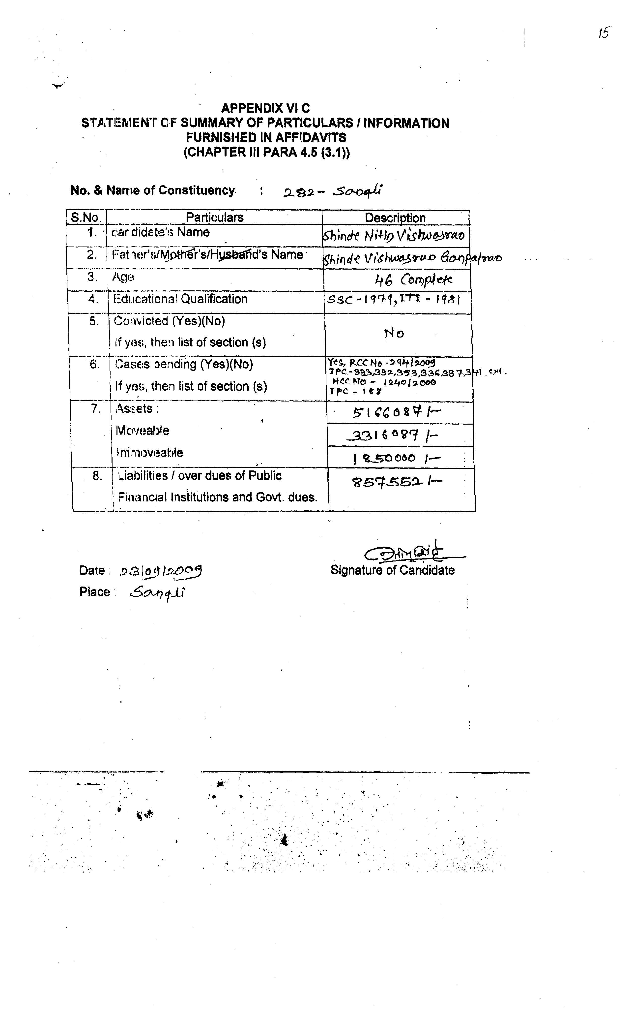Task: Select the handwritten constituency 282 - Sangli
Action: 333,191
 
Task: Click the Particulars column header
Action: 214,217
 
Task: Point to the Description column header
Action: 395,218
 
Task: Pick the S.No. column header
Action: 86,217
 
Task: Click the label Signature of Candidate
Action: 392,570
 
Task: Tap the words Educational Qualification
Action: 181,299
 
